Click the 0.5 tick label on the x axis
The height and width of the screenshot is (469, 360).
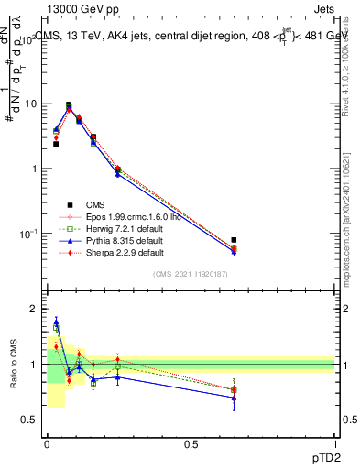(x=191, y=444)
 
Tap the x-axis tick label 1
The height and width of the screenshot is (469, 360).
(x=334, y=444)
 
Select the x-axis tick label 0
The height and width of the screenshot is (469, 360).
(x=47, y=444)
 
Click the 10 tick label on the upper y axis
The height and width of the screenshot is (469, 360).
(x=30, y=104)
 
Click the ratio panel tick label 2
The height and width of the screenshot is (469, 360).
(x=35, y=310)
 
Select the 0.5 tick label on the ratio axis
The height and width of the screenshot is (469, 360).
(x=30, y=420)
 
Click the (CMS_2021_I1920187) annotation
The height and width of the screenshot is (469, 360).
(x=191, y=274)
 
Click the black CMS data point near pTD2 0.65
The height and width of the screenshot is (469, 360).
(x=234, y=240)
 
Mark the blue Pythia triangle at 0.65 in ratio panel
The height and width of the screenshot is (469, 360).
(x=234, y=398)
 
